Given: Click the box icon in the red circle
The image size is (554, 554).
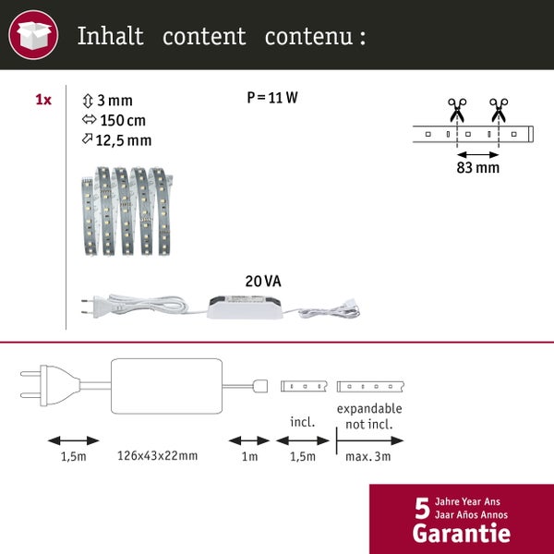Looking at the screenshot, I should (x=33, y=38).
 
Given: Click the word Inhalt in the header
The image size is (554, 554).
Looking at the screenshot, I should (x=110, y=37).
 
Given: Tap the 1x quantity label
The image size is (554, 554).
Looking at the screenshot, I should (x=43, y=100).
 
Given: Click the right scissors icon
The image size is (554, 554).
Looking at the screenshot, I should (x=500, y=108).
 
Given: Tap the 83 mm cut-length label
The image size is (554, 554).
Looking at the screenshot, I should (x=477, y=169).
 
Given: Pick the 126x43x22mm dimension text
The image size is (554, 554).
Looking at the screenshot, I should (x=157, y=456).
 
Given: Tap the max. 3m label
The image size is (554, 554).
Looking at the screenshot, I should (x=369, y=456).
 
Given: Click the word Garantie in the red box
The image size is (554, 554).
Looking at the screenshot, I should (x=461, y=533).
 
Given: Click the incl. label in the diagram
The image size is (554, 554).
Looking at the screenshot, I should (x=302, y=422).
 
